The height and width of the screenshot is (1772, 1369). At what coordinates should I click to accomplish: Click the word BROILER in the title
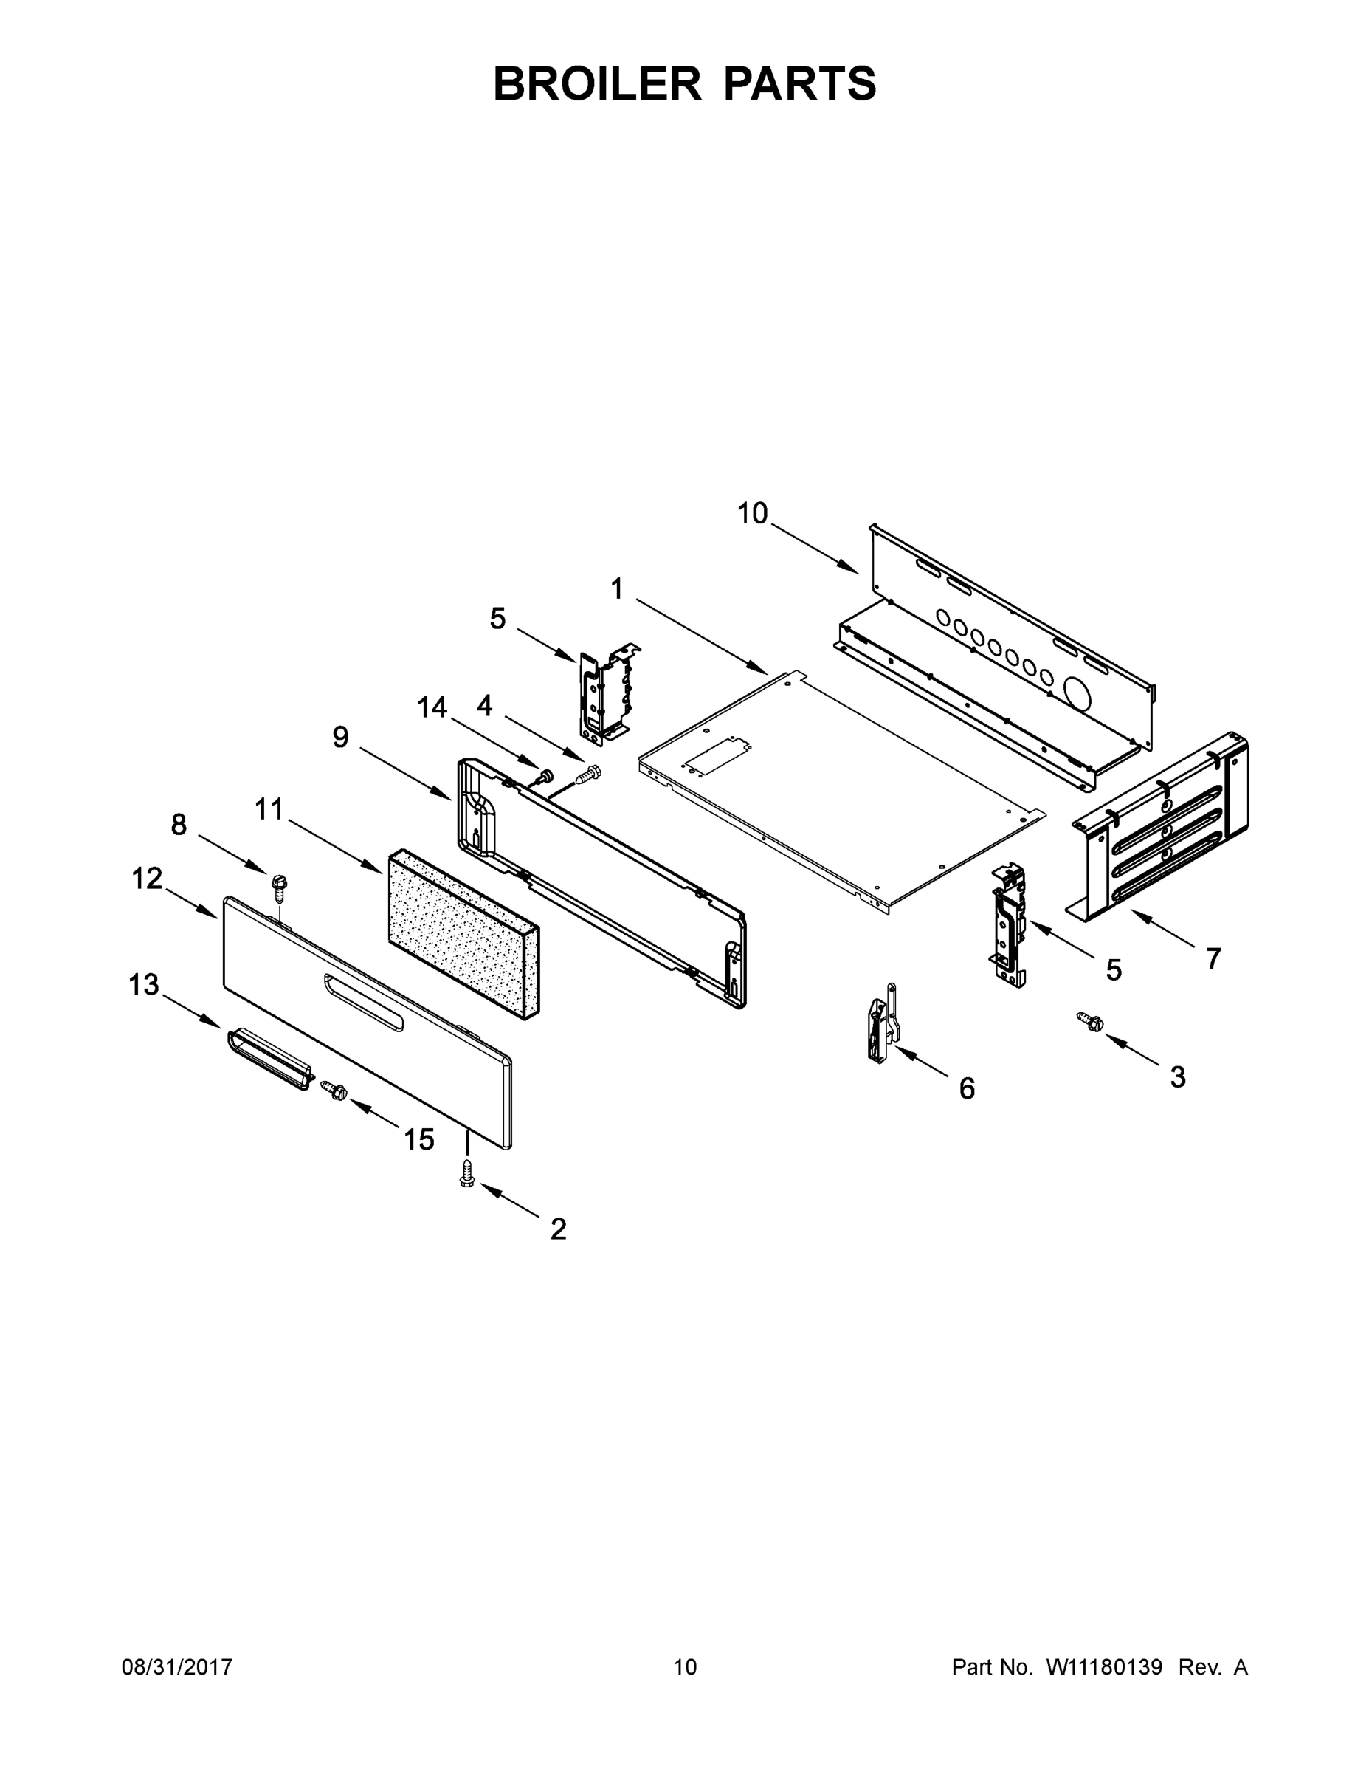597,83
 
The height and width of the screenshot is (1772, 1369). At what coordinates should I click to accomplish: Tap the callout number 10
752,514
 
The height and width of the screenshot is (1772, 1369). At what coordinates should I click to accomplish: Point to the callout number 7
1213,959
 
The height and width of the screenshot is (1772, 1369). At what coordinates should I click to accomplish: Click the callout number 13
144,985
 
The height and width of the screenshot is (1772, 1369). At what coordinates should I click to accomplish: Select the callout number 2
558,1229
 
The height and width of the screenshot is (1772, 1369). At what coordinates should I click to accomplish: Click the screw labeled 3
1089,1022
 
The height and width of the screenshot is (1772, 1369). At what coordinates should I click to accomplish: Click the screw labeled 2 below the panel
466,1174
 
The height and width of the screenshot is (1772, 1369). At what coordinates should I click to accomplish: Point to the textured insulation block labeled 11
463,933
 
